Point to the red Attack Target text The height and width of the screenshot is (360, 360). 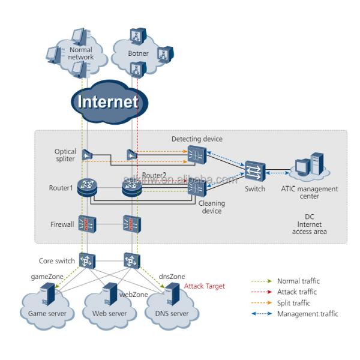(205, 286)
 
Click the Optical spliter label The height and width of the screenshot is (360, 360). (65, 156)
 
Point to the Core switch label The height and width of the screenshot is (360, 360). (57, 261)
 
